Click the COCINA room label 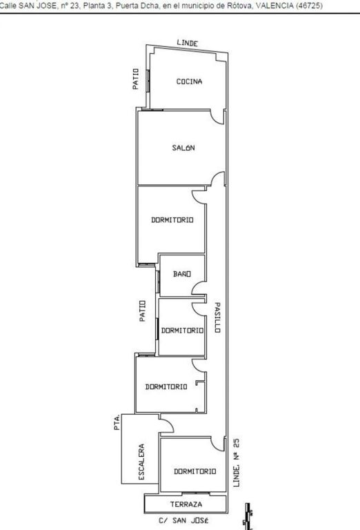pos(189,81)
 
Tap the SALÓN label pos(183,148)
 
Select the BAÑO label pos(182,274)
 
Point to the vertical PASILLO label pos(217,317)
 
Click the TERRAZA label pos(186,504)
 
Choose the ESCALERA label pos(141,462)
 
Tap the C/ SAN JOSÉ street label pos(183,520)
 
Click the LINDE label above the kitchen pos(188,43)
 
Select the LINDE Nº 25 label pos(237,463)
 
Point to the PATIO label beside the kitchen pos(135,79)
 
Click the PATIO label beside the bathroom pos(143,311)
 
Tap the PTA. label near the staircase pos(117,422)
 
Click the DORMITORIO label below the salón pos(172,220)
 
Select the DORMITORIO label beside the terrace pos(195,471)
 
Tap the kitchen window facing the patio pos(148,81)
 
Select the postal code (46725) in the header pos(309,6)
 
